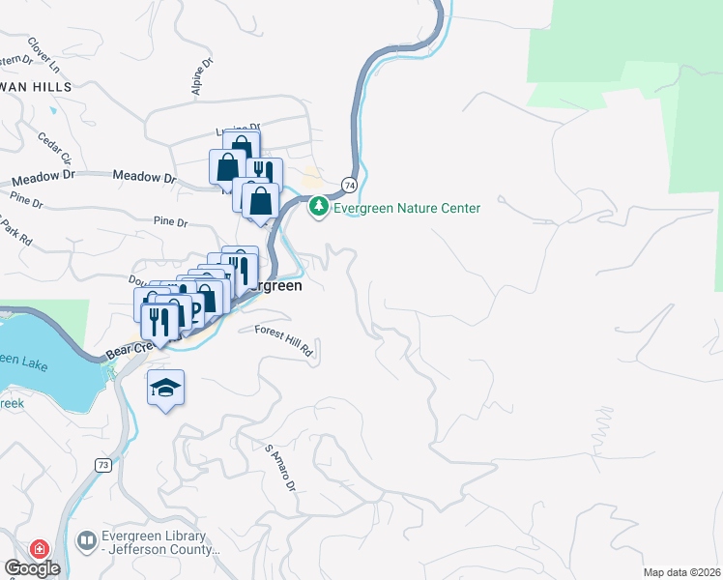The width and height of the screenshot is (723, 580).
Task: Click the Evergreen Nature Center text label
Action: (x=407, y=208)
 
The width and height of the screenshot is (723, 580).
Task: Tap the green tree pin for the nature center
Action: (x=318, y=207)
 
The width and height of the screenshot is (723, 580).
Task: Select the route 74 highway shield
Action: (x=349, y=184)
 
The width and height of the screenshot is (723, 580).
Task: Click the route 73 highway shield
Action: (x=103, y=465)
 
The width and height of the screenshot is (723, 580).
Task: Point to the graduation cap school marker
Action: (x=165, y=389)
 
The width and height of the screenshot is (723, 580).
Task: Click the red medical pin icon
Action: (x=40, y=549)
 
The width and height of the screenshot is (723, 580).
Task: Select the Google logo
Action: (x=32, y=568)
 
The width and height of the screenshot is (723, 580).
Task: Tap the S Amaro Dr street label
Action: (x=280, y=468)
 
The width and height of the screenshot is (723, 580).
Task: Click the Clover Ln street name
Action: (x=43, y=57)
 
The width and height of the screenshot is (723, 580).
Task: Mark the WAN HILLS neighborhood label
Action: (x=37, y=87)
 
